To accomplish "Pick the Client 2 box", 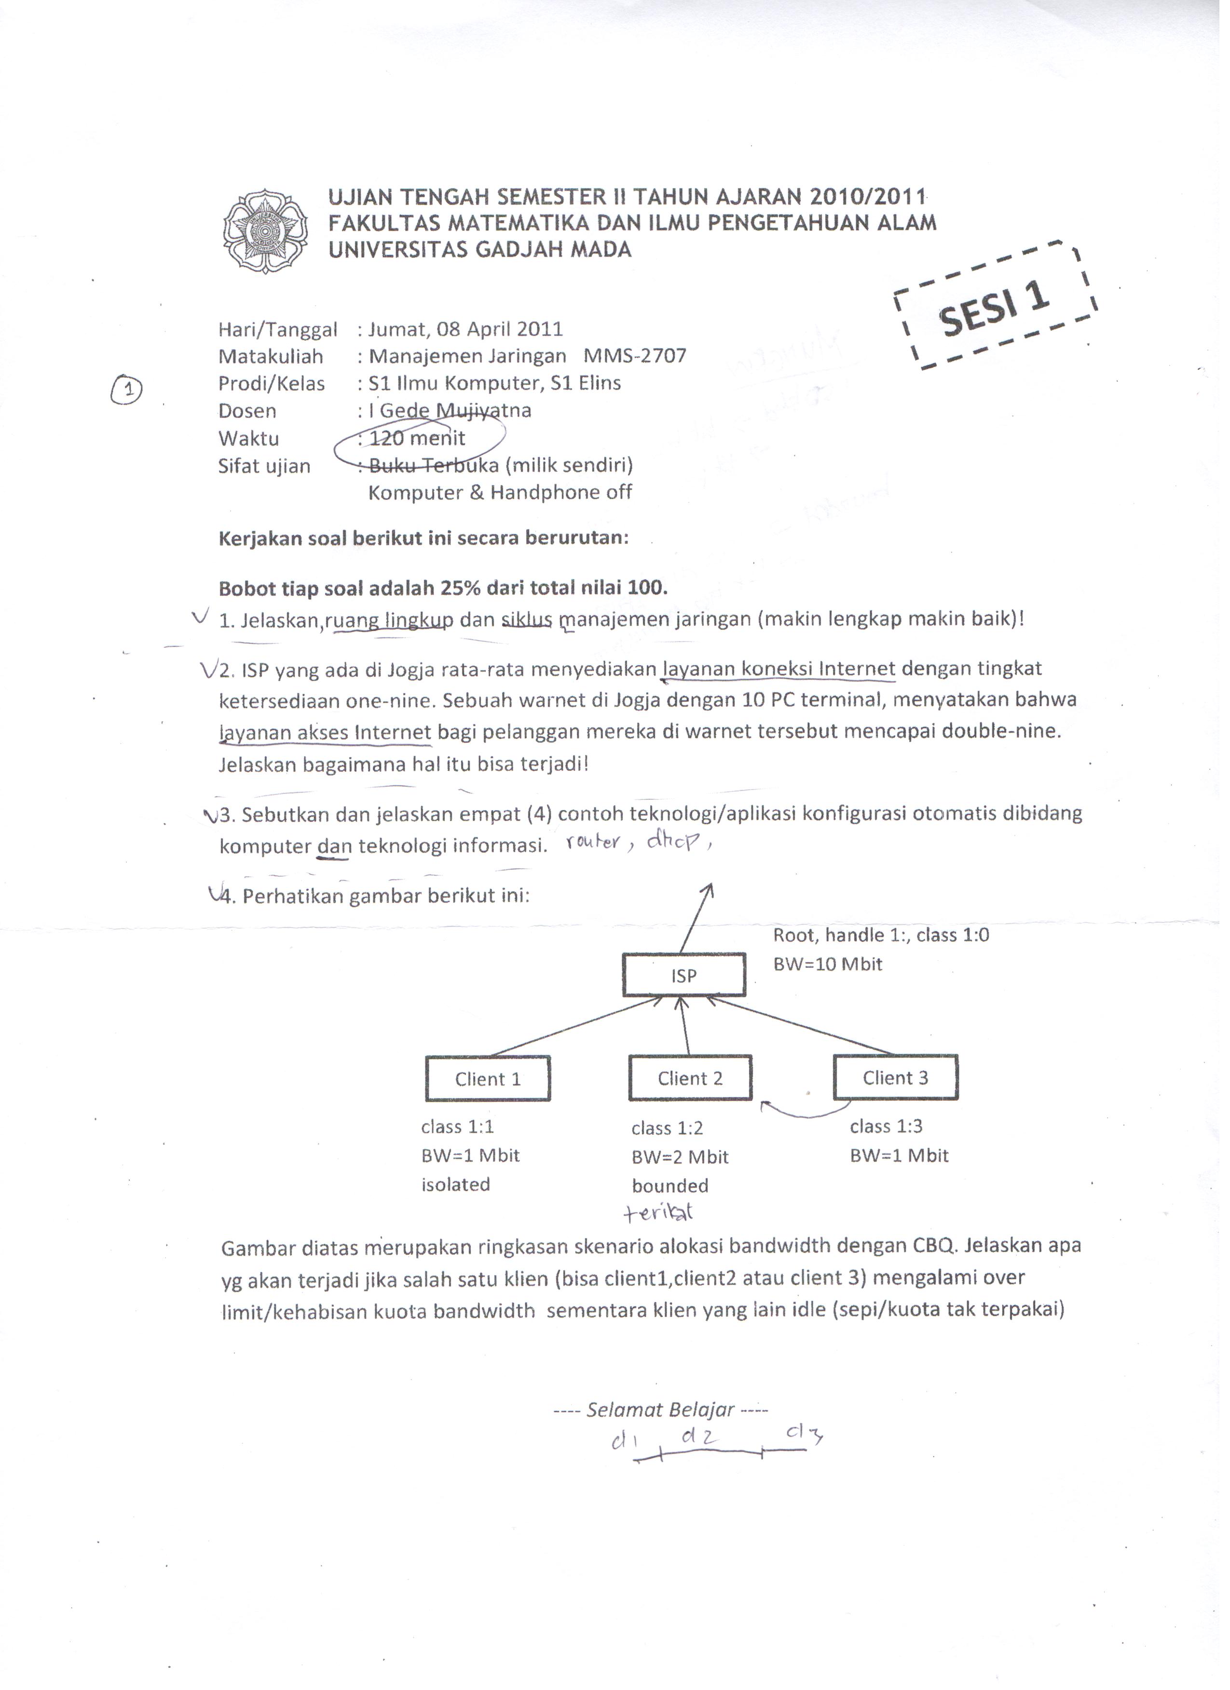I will [690, 1078].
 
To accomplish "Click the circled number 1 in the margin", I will [127, 389].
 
